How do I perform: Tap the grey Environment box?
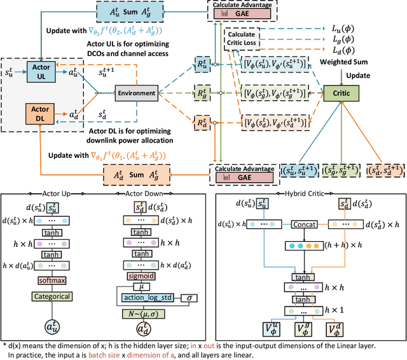[135, 93]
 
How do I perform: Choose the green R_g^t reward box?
[202, 93]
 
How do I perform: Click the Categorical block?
[57, 296]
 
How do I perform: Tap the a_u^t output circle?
[57, 329]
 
